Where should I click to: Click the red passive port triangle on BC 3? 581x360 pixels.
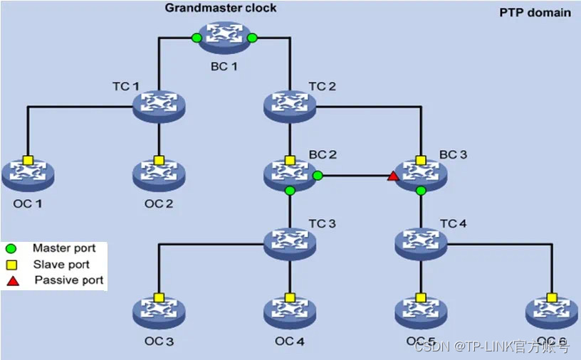pyautogui.click(x=392, y=176)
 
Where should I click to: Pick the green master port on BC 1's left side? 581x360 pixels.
pyautogui.click(x=197, y=38)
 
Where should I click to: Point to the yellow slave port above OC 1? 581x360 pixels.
pyautogui.click(x=28, y=159)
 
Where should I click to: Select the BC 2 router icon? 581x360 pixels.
pyautogui.click(x=290, y=174)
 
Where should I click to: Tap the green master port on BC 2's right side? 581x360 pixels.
pyautogui.click(x=318, y=175)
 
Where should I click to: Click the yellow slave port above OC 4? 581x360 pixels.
pyautogui.click(x=290, y=297)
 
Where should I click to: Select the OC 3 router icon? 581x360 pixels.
pyautogui.click(x=159, y=312)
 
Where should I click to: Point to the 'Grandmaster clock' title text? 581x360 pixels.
pyautogui.click(x=221, y=9)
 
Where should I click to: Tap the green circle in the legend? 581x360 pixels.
pyautogui.click(x=12, y=249)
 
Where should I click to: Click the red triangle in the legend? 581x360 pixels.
pyautogui.click(x=12, y=280)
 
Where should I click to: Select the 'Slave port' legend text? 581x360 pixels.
pyautogui.click(x=61, y=265)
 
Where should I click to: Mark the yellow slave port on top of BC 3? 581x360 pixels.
pyautogui.click(x=421, y=159)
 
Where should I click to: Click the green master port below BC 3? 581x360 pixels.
pyautogui.click(x=421, y=191)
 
